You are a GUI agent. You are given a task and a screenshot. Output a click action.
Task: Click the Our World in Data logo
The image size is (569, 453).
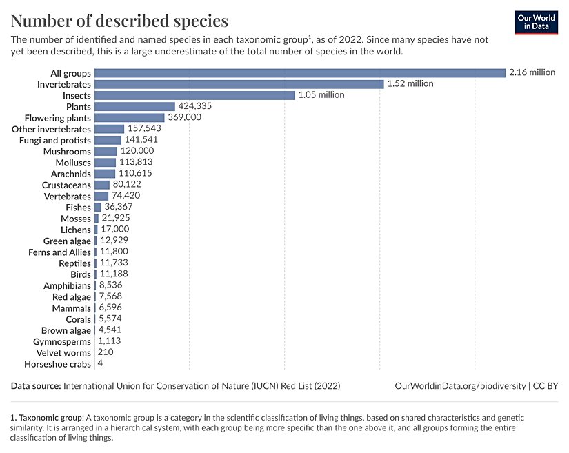click(536, 23)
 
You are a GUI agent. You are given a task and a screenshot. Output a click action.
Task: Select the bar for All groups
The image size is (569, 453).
click(300, 72)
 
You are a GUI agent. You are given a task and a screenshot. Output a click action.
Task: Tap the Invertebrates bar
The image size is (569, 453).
click(239, 84)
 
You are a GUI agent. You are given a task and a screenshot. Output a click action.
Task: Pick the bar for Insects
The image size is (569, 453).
click(194, 95)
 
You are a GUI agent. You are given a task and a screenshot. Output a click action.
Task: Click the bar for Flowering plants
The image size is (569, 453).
click(129, 118)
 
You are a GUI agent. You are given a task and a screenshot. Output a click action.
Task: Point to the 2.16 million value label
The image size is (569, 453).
click(532, 72)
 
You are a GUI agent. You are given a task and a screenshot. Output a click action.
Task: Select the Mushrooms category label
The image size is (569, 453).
click(67, 151)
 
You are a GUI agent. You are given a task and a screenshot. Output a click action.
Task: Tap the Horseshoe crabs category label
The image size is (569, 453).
click(57, 364)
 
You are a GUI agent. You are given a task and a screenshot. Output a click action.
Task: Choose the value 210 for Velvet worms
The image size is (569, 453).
click(106, 352)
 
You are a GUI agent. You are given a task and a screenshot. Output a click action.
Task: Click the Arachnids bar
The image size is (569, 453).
click(105, 174)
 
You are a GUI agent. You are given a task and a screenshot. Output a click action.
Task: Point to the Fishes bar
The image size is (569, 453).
click(98, 207)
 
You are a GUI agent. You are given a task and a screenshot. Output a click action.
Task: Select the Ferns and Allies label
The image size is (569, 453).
click(59, 252)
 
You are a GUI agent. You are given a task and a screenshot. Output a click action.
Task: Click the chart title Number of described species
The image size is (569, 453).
click(119, 20)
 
